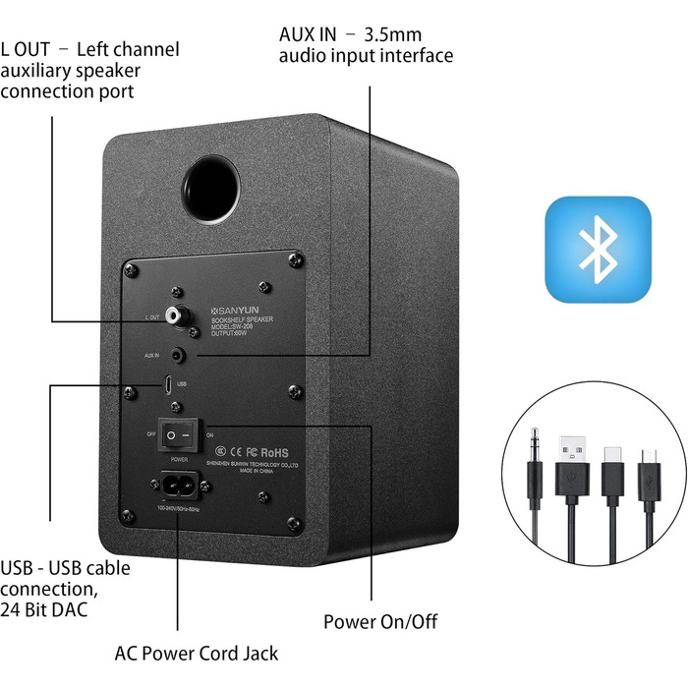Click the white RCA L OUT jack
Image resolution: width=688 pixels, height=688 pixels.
point(178,316)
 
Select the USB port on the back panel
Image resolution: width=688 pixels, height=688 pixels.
point(169,386)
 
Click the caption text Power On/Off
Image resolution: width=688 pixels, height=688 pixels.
point(380,621)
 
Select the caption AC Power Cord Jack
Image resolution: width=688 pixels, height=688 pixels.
point(196,653)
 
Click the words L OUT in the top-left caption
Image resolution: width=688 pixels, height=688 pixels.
point(29,48)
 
